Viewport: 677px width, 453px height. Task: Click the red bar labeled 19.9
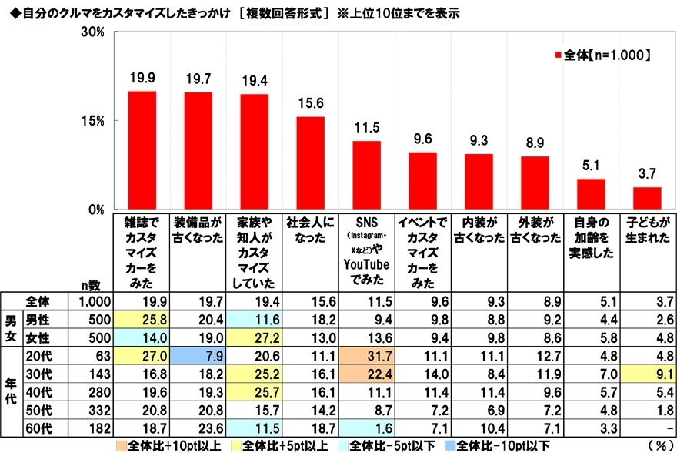click(142, 150)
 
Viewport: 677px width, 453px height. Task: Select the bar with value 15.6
click(311, 163)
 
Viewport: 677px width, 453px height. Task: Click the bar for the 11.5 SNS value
click(367, 175)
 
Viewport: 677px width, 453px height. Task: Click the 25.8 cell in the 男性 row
click(142, 319)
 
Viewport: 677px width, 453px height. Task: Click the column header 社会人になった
click(311, 231)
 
